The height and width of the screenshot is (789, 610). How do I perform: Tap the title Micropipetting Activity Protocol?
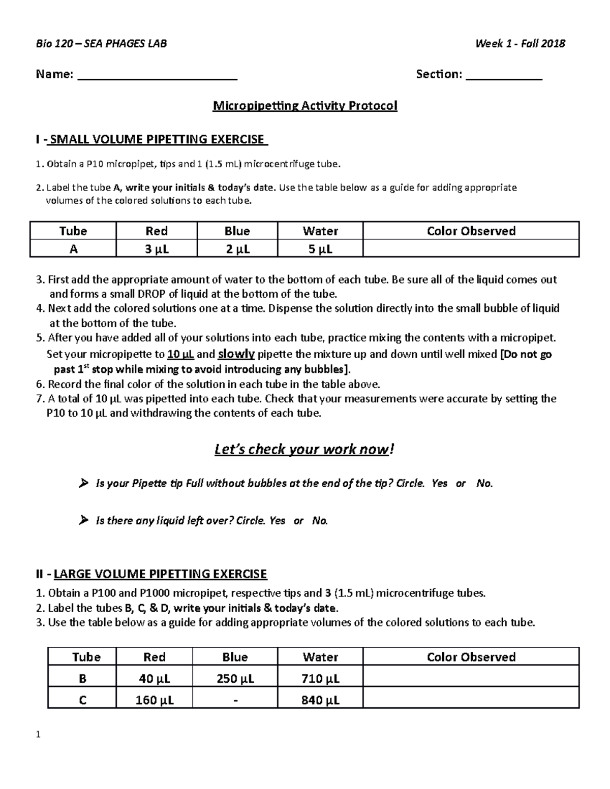pyautogui.click(x=305, y=106)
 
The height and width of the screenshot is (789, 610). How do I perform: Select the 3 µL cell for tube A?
pyautogui.click(x=157, y=249)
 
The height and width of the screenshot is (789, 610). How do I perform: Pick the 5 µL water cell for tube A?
pyautogui.click(x=320, y=249)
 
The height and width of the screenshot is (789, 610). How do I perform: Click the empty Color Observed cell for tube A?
pyautogui.click(x=471, y=249)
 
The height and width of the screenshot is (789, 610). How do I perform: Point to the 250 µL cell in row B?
pyautogui.click(x=235, y=679)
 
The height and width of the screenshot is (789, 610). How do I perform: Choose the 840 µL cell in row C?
pyautogui.click(x=320, y=700)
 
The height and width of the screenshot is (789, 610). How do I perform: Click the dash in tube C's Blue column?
pyautogui.click(x=235, y=700)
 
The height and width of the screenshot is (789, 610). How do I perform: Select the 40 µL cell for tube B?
pyautogui.click(x=154, y=679)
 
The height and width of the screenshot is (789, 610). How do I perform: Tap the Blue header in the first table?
pyautogui.click(x=237, y=231)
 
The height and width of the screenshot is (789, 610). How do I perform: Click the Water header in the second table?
pyautogui.click(x=320, y=657)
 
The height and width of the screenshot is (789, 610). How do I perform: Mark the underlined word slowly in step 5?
pyautogui.click(x=236, y=354)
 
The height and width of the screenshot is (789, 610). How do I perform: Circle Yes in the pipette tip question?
pyautogui.click(x=439, y=484)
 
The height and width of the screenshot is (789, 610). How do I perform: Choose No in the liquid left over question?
pyautogui.click(x=320, y=521)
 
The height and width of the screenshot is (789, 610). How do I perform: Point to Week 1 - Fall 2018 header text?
pyautogui.click(x=520, y=44)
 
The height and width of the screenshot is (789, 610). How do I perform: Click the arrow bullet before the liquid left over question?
pyautogui.click(x=84, y=520)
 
